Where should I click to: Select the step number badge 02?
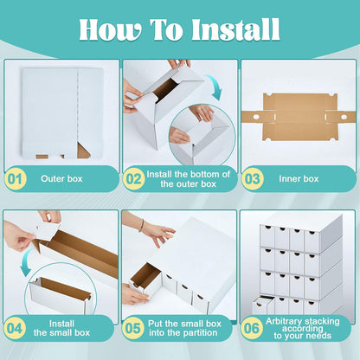[x=134, y=179]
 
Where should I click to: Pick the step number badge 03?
[x=252, y=179]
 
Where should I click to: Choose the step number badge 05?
[x=134, y=327]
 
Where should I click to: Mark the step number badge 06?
[x=252, y=327]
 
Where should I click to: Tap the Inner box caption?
[x=299, y=179]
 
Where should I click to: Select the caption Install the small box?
[x=69, y=327]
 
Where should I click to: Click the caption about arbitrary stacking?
[x=307, y=327]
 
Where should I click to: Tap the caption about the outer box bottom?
[x=188, y=179]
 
